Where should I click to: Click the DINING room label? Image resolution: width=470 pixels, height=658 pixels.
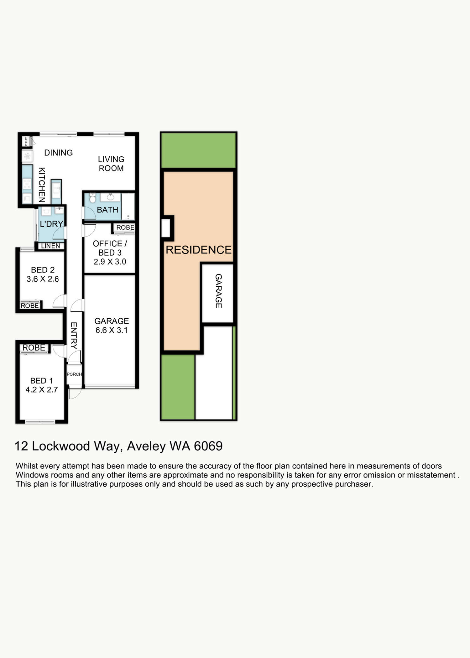58,153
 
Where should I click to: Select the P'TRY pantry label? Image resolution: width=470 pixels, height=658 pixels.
26,141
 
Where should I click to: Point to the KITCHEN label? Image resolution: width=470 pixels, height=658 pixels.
42,185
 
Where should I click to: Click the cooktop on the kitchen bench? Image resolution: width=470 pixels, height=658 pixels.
27,184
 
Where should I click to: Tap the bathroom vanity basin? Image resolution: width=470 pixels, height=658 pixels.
110,197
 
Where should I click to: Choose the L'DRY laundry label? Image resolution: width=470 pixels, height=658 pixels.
51,224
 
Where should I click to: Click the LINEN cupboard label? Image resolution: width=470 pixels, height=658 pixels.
50,246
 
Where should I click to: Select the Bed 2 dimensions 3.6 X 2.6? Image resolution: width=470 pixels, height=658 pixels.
43,279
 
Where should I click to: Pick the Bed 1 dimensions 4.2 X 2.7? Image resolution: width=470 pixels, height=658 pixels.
42,390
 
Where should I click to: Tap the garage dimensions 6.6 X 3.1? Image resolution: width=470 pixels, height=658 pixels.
112,330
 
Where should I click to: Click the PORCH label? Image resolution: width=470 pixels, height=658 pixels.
74,374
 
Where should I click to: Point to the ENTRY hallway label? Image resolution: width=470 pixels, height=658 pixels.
74,336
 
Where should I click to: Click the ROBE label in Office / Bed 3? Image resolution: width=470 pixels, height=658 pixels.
125,227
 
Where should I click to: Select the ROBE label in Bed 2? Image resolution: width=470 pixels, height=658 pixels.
30,305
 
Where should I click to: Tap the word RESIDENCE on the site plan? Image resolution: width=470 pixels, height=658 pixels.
199,250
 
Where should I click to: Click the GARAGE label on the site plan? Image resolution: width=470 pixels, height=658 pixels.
219,291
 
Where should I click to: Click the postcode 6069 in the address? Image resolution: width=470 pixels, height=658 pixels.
208,446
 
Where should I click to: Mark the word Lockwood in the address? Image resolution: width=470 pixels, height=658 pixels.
61,446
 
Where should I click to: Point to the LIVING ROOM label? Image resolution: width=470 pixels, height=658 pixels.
111,164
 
